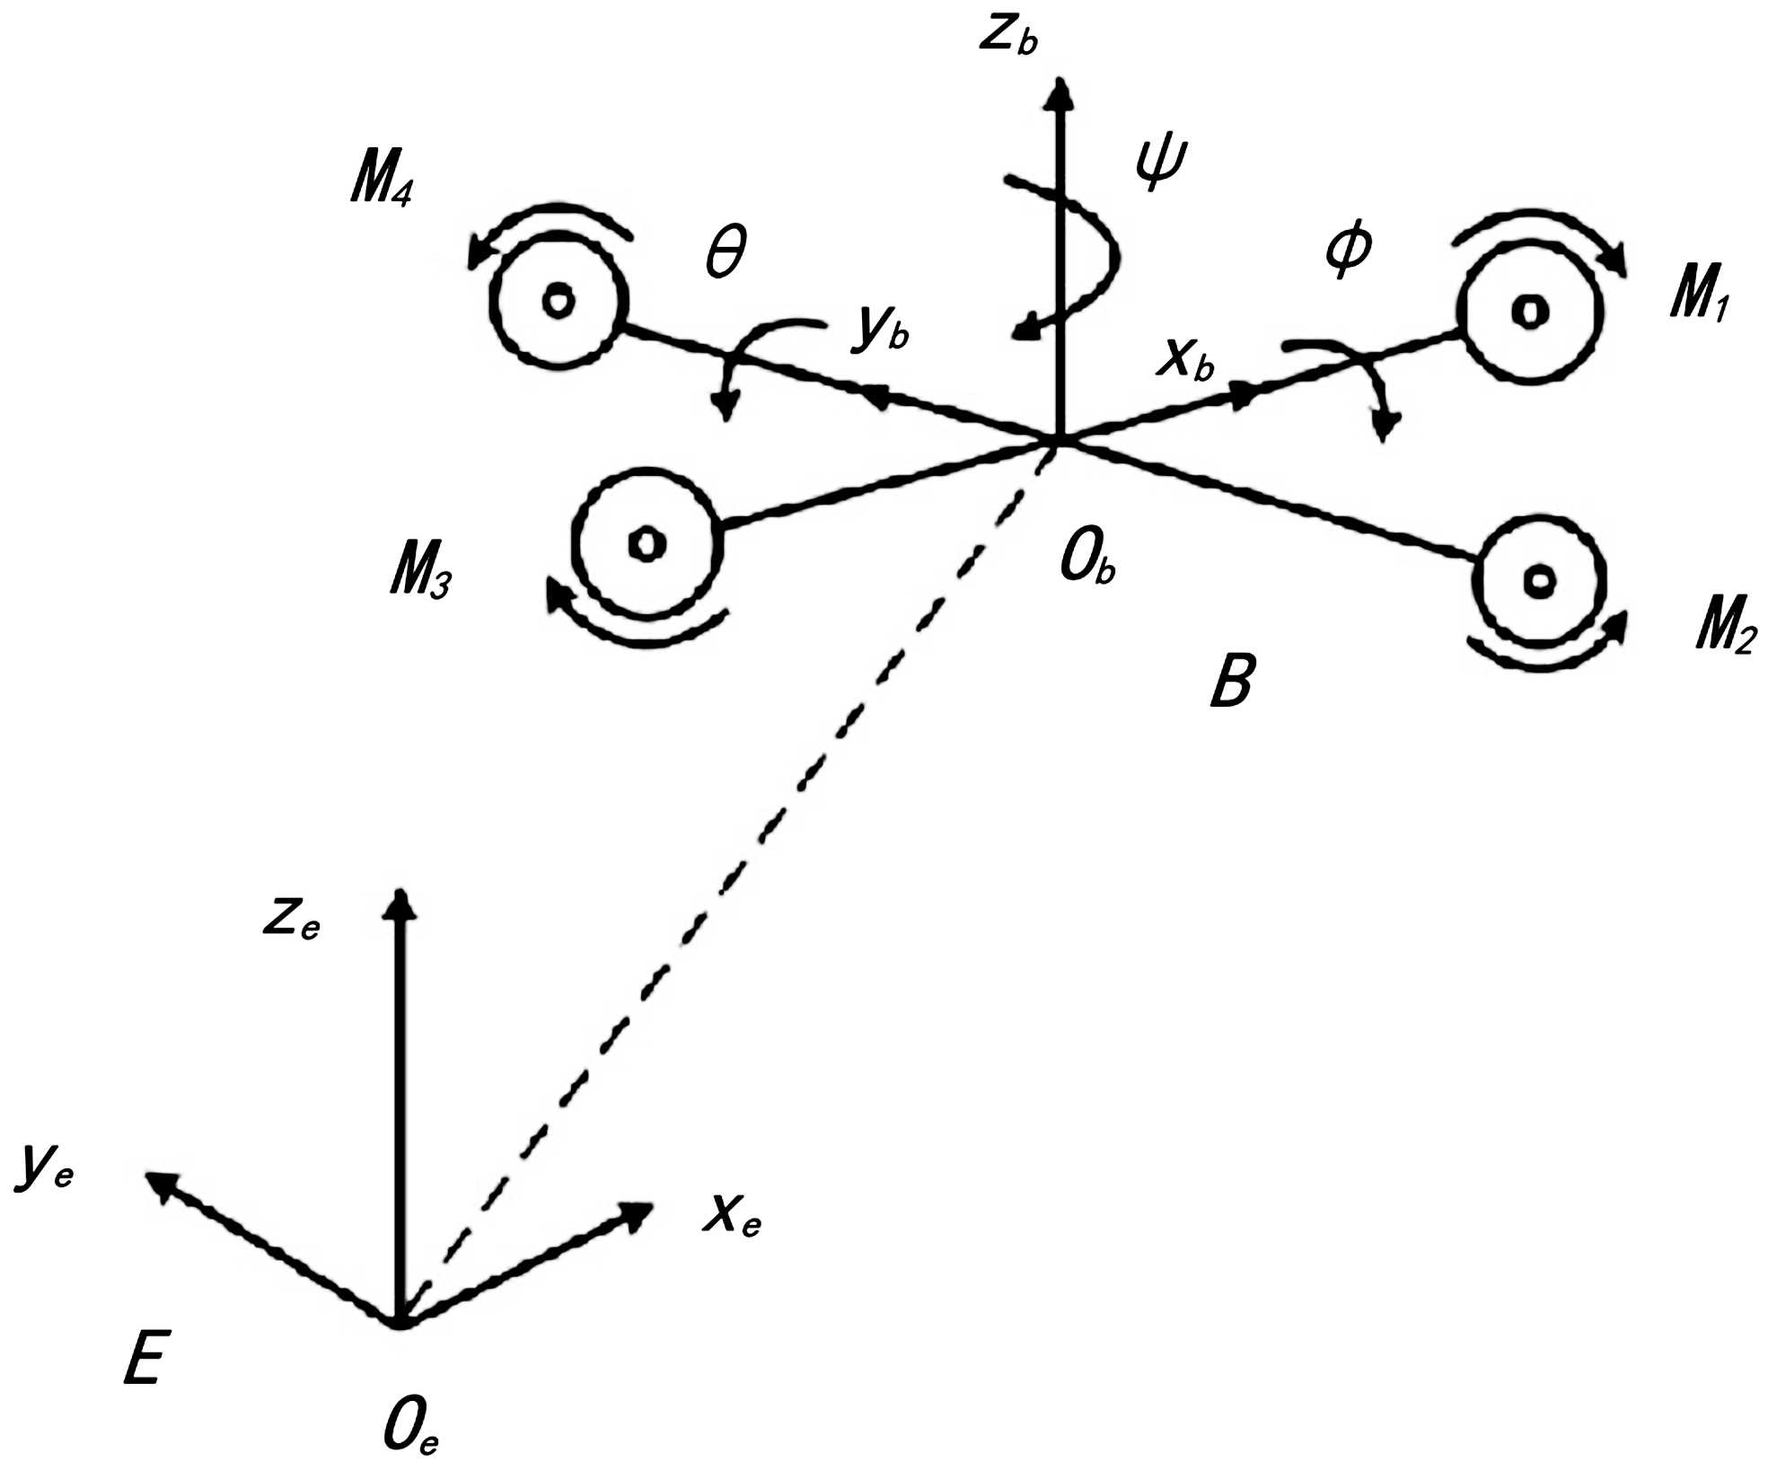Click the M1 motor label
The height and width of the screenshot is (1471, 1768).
[x=1699, y=296]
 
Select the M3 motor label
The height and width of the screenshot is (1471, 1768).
[x=420, y=570]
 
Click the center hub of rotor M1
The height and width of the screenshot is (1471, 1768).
[x=1528, y=311]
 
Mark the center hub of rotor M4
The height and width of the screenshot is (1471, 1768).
[x=558, y=300]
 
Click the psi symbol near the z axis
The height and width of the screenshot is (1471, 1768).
[x=1159, y=164]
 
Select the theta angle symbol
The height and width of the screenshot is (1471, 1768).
[x=726, y=252]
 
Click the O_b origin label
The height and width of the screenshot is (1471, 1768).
[x=1087, y=563]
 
